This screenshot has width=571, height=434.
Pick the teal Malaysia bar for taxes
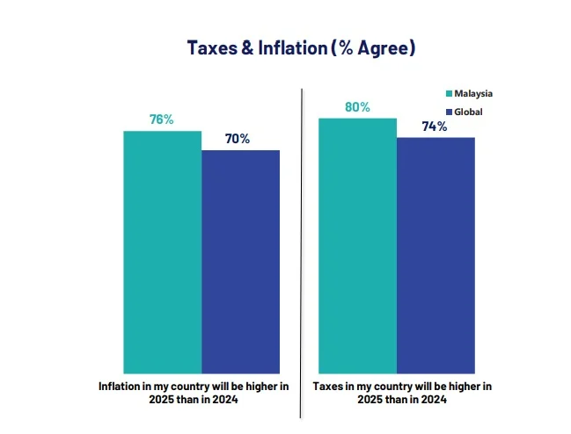coord(357,246)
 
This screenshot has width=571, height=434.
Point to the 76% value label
coord(162,119)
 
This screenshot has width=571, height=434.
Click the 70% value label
coord(238,139)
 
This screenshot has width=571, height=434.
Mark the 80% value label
coord(357,107)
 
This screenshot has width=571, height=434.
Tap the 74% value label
coord(434,127)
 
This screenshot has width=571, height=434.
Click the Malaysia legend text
coord(473,93)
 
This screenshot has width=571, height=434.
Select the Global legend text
coord(468,112)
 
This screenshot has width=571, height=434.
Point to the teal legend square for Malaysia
coord(449,93)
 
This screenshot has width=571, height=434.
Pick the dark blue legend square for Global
coord(449,112)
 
